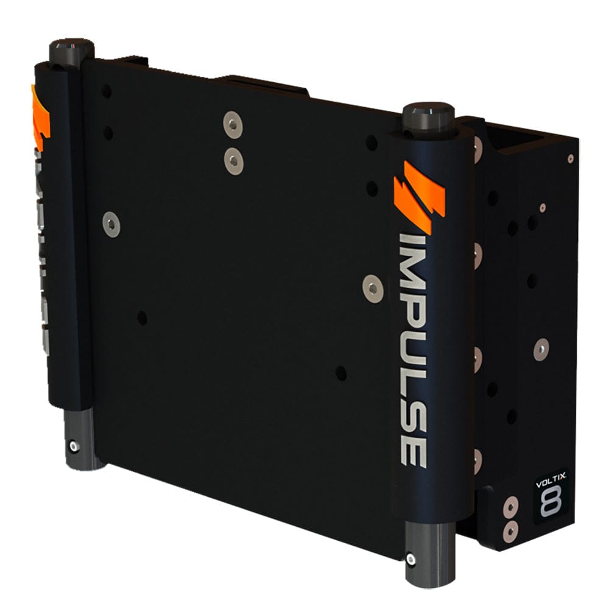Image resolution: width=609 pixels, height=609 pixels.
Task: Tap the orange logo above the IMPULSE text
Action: pos(420,194)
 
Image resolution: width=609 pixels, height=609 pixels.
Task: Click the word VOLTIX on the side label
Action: pos(551,484)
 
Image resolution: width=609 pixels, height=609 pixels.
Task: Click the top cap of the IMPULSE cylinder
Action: pos(429,116)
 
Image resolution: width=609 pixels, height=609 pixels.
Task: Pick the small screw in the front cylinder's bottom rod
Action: pos(411,558)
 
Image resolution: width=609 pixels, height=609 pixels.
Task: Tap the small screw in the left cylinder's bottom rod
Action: pos(74,446)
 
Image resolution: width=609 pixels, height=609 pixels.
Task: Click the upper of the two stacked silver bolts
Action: pos(233,125)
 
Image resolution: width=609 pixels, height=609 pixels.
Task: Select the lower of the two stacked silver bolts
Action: pos(233,161)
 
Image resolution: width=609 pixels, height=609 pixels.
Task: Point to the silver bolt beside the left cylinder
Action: pos(111,225)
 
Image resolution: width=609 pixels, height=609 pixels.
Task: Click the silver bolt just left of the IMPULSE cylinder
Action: pos(371,288)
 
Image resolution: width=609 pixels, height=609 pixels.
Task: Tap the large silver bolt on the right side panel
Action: pos(541,349)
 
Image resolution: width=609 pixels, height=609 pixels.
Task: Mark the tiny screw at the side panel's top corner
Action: pos(570,158)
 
